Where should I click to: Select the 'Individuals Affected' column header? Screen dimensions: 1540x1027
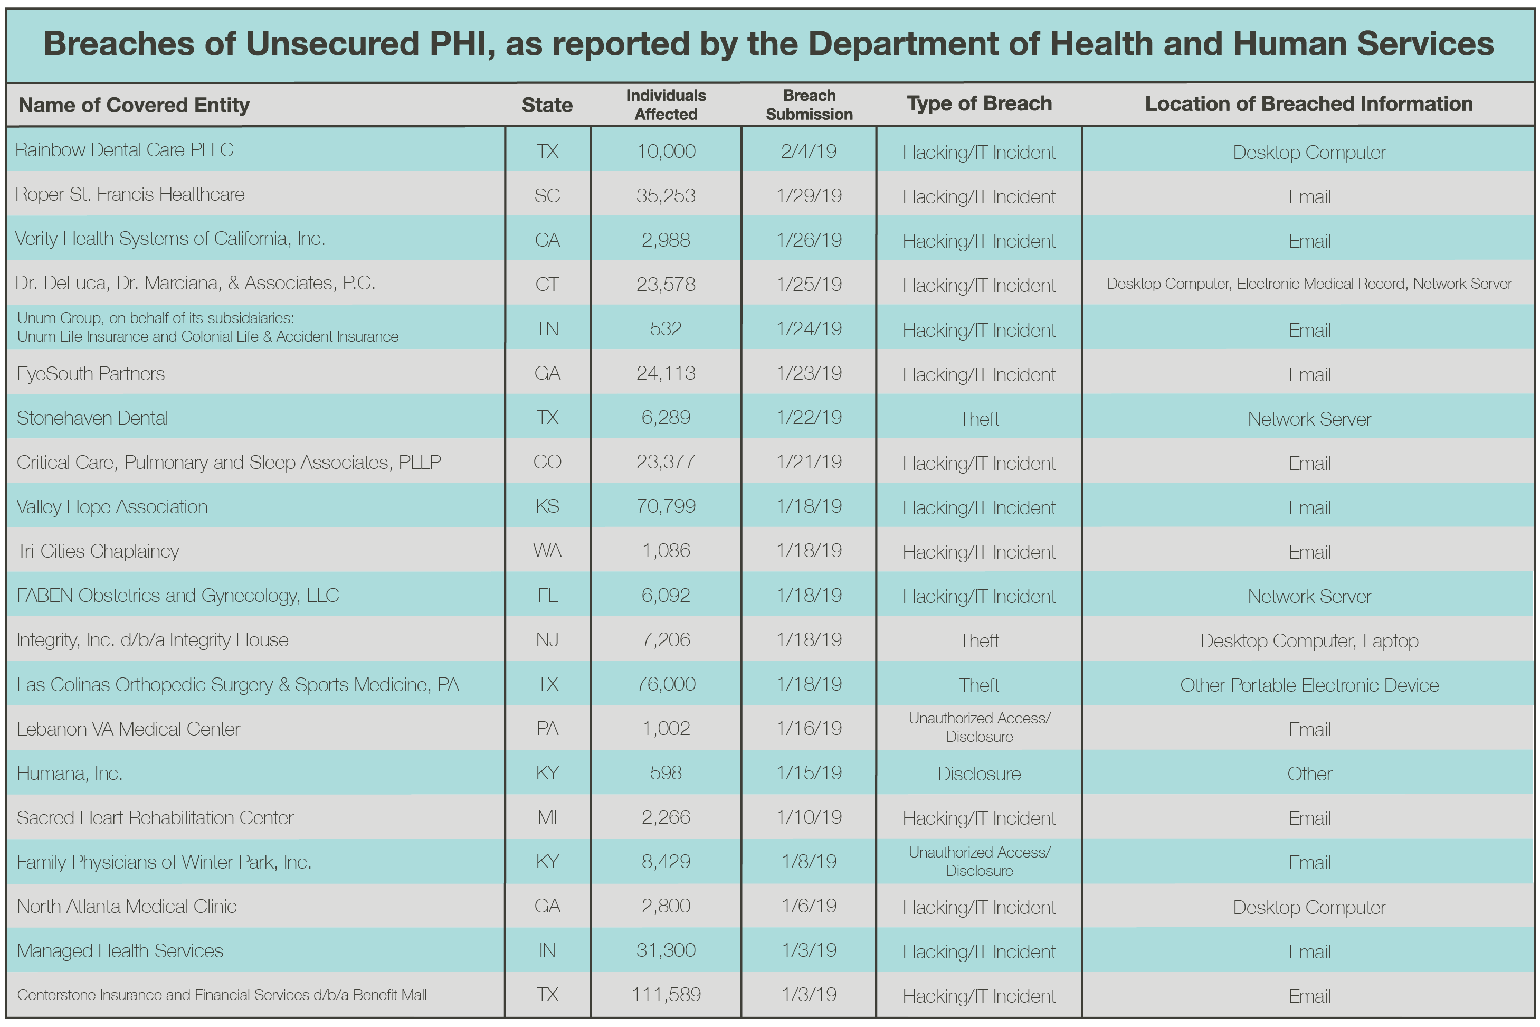[666, 105]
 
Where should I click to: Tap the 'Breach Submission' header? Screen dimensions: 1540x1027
[809, 105]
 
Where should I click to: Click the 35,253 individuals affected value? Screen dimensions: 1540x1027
[666, 196]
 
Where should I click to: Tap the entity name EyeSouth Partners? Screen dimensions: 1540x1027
[90, 374]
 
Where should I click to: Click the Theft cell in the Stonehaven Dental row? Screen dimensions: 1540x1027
[978, 419]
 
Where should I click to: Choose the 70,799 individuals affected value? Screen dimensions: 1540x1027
[666, 506]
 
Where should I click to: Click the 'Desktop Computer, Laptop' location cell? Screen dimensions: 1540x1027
[1309, 640]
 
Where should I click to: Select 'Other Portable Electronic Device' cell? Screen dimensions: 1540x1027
[1309, 685]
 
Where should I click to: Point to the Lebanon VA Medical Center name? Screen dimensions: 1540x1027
[128, 729]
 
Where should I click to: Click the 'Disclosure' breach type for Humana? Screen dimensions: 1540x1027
[978, 774]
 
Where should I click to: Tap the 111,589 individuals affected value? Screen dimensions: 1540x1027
[666, 994]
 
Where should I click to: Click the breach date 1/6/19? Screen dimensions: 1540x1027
[809, 906]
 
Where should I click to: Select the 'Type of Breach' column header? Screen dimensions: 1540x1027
[979, 103]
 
